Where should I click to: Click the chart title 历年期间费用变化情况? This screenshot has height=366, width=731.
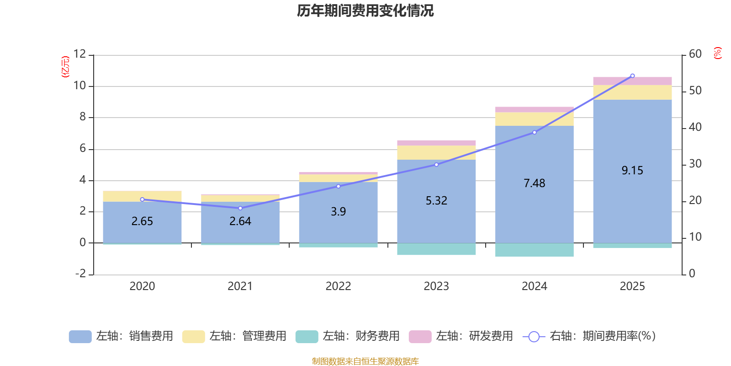365,11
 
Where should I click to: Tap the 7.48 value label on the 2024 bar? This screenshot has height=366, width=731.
534,183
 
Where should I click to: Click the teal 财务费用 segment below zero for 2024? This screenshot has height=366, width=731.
534,250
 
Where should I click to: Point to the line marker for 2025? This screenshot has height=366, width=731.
632,76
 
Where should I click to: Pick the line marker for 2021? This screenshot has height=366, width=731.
240,208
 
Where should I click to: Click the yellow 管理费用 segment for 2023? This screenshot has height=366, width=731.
436,152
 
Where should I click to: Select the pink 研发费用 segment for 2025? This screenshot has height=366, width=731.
632,81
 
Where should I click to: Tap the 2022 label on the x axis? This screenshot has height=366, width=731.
338,286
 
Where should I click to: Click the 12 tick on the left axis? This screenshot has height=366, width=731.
79,54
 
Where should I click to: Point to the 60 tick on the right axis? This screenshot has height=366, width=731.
695,54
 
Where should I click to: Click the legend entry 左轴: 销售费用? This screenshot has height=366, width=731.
121,336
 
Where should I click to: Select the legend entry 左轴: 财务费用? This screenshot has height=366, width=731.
348,336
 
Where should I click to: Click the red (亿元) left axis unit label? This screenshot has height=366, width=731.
65,67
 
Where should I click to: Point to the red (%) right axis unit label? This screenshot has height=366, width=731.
717,53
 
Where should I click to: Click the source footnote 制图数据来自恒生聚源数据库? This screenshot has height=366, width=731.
365,361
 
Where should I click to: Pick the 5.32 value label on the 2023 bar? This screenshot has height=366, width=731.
436,200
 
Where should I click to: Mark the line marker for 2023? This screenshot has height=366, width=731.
436,165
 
